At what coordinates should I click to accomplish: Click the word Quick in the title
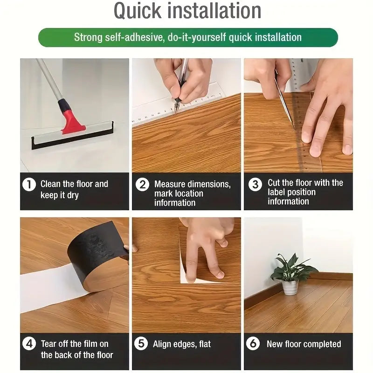pyautogui.click(x=138, y=11)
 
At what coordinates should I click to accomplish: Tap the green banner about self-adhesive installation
pyautogui.click(x=188, y=37)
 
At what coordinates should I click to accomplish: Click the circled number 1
pyautogui.click(x=29, y=184)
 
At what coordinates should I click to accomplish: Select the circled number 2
pyautogui.click(x=142, y=184)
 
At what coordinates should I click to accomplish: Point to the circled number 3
pyautogui.click(x=255, y=184)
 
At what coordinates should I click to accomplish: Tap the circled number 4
pyautogui.click(x=29, y=344)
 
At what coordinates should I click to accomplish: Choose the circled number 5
pyautogui.click(x=141, y=344)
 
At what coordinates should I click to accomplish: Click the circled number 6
pyautogui.click(x=253, y=344)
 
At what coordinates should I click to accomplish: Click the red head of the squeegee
pyautogui.click(x=72, y=121)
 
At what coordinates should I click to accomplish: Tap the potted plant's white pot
pyautogui.click(x=290, y=288)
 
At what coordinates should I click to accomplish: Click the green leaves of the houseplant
pyautogui.click(x=293, y=268)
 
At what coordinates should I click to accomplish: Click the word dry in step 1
pyautogui.click(x=73, y=195)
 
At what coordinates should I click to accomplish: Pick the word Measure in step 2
pyautogui.click(x=169, y=184)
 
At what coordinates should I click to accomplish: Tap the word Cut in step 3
pyautogui.click(x=274, y=183)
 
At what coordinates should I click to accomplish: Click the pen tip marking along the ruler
pyautogui.click(x=176, y=113)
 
